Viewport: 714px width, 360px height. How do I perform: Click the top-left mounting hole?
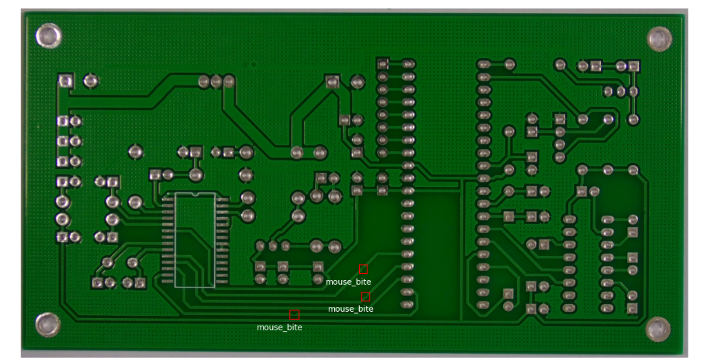[49, 36]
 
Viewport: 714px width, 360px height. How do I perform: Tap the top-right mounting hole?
[659, 39]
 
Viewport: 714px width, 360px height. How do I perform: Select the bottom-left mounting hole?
[48, 324]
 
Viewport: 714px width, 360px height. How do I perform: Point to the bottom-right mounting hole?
[657, 328]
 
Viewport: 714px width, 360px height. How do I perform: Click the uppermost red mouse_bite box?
[363, 269]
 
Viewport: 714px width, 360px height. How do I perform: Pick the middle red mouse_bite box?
[366, 297]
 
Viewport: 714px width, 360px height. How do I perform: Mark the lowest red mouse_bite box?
[294, 314]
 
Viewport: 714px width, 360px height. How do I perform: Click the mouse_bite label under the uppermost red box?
[348, 281]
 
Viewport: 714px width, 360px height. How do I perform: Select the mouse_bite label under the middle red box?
[351, 308]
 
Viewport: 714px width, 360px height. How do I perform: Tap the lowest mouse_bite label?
[279, 327]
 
